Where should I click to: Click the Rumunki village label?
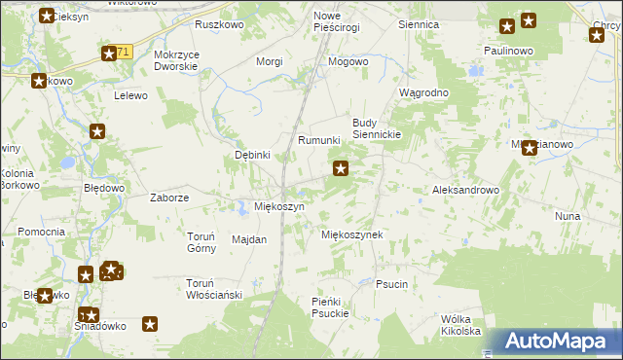(318, 140)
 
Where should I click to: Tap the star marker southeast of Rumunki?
(341, 169)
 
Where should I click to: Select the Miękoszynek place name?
(351, 234)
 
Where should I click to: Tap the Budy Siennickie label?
(377, 128)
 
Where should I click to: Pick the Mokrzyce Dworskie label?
(176, 60)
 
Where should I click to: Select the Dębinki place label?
(252, 155)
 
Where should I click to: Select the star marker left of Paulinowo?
(507, 27)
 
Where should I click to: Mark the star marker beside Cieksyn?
(47, 15)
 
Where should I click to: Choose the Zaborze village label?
(168, 197)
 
